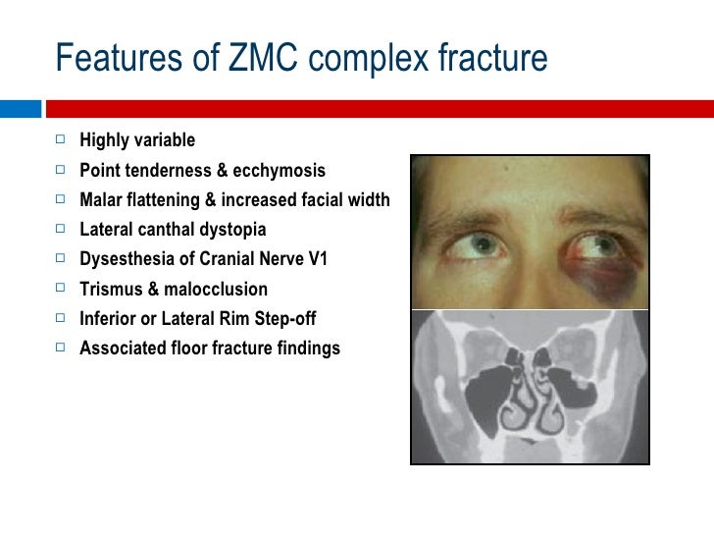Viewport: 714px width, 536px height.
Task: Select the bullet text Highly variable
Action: pyautogui.click(x=137, y=140)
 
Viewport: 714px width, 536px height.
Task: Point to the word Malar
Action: pyautogui.click(x=101, y=200)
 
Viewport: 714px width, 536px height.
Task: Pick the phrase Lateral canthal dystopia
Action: pyautogui.click(x=173, y=230)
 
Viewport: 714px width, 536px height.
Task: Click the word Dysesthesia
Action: pyautogui.click(x=124, y=259)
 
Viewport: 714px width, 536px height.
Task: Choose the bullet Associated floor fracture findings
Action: pyautogui.click(x=210, y=348)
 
